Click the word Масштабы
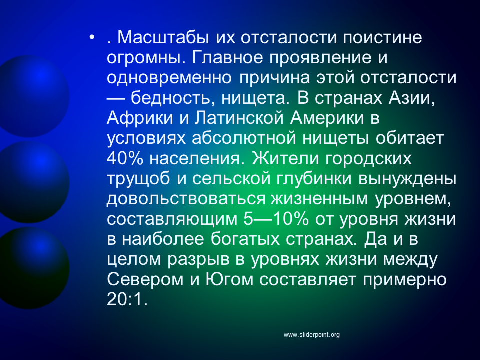tap(163, 37)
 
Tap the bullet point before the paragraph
tap(92, 37)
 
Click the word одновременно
tap(169, 78)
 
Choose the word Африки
tap(140, 118)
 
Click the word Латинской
tap(239, 118)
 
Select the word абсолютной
tap(244, 138)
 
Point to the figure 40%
tap(125, 159)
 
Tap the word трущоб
tap(138, 179)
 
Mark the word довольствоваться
tap(186, 199)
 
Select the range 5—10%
tap(276, 219)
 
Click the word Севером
tap(145, 280)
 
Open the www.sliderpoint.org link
tap(311, 335)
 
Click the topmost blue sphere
tap(32, 96)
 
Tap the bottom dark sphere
tap(32, 268)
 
